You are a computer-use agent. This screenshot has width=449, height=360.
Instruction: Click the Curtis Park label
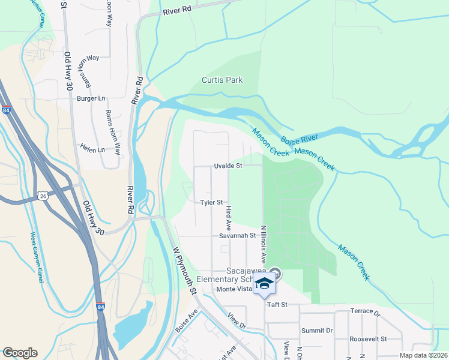click(222, 80)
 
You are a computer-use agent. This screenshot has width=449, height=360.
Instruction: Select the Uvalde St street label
click(228, 166)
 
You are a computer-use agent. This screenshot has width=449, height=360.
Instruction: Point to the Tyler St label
click(212, 203)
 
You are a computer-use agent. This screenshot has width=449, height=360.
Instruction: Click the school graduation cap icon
click(264, 284)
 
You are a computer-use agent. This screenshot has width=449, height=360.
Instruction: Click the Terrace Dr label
click(366, 313)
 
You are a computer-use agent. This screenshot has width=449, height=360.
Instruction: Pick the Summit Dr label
click(317, 331)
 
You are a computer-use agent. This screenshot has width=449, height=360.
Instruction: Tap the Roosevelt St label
click(369, 339)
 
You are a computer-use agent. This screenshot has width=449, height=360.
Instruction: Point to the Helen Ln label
click(92, 149)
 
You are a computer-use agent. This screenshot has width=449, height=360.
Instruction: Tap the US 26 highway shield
click(42, 196)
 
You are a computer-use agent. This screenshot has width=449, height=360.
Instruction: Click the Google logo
click(20, 353)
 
